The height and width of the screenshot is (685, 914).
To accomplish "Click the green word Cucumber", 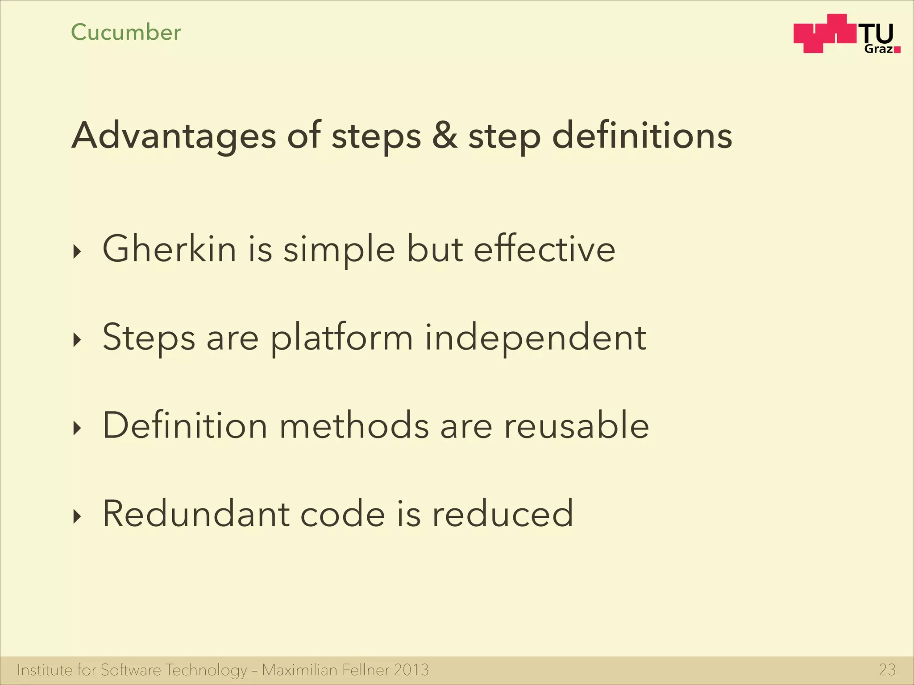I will (126, 33).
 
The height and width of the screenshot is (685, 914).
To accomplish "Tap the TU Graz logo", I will (846, 34).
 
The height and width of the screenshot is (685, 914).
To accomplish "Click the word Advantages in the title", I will (174, 136).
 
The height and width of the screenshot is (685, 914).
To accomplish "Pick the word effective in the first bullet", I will (544, 249).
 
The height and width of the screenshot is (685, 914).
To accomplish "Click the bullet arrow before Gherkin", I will (78, 252).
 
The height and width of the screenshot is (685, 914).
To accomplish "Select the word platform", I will (342, 338).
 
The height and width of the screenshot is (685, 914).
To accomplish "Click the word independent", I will (535, 338).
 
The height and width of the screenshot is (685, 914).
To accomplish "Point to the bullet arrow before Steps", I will (78, 340).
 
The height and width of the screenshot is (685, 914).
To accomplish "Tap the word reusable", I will (576, 425).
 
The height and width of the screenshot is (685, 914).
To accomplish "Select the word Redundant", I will (195, 514).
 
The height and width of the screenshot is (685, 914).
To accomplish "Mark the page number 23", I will (887, 670).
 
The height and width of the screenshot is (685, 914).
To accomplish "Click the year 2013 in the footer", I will (411, 670).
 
